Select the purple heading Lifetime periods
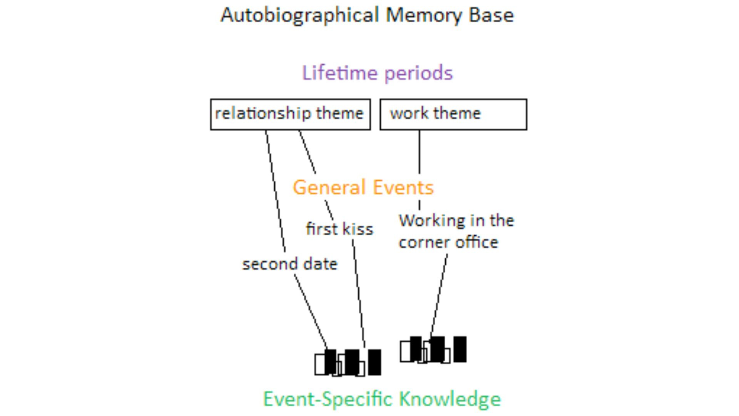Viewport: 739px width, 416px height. tap(377, 73)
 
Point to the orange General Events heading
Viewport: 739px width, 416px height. tap(363, 188)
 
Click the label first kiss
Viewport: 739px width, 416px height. tap(339, 229)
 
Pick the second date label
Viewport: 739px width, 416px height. tap(290, 264)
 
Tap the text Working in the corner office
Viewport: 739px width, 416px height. tap(456, 231)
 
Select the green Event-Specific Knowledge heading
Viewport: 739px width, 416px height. tap(382, 399)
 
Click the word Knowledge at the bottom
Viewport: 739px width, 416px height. tap(450, 399)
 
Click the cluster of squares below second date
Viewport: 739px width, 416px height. tap(348, 362)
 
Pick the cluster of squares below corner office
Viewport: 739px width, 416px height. tap(433, 349)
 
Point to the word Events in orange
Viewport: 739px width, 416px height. tap(403, 188)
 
